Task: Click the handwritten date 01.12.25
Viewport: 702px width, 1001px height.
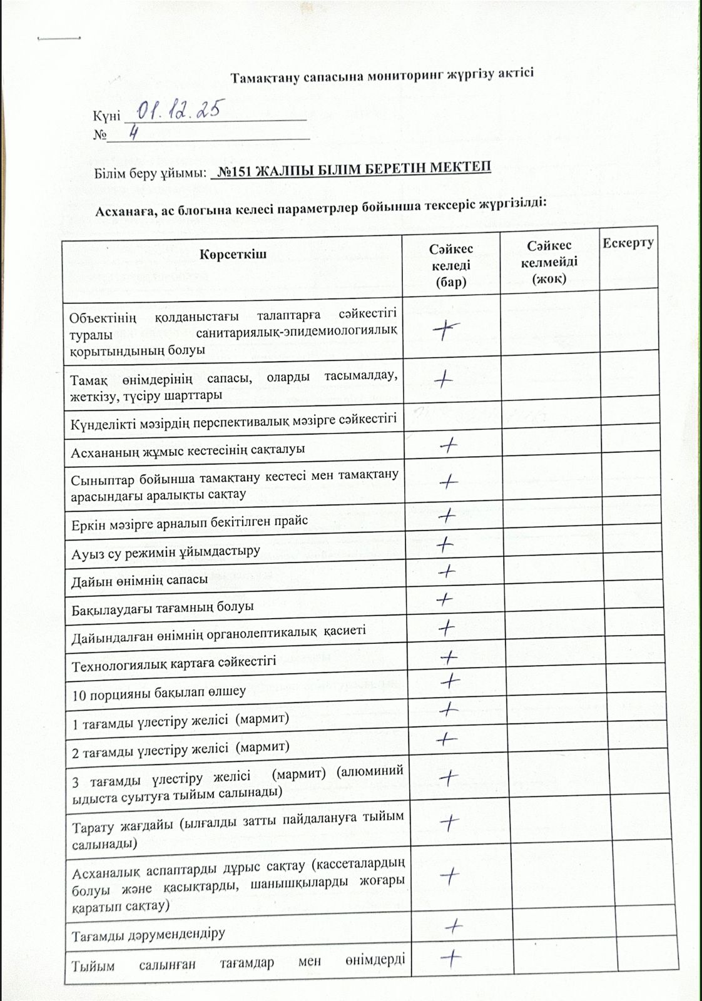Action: (x=177, y=111)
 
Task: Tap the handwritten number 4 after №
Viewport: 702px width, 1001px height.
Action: (x=133, y=133)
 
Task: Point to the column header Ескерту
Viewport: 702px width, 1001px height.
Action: (x=628, y=243)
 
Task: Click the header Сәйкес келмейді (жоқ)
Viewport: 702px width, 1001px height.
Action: (x=549, y=262)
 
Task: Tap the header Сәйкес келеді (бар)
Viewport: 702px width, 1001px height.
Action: (x=450, y=265)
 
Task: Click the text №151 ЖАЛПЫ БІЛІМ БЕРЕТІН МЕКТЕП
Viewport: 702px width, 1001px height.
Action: (x=352, y=169)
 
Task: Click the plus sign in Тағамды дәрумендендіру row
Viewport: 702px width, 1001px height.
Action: (x=455, y=925)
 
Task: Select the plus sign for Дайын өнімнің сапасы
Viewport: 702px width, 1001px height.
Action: (x=447, y=571)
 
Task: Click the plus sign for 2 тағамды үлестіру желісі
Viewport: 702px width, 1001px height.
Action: (x=447, y=739)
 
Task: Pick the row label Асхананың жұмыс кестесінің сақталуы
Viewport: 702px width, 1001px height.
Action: (x=188, y=450)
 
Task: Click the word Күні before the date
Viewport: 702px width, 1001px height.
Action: (x=102, y=117)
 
